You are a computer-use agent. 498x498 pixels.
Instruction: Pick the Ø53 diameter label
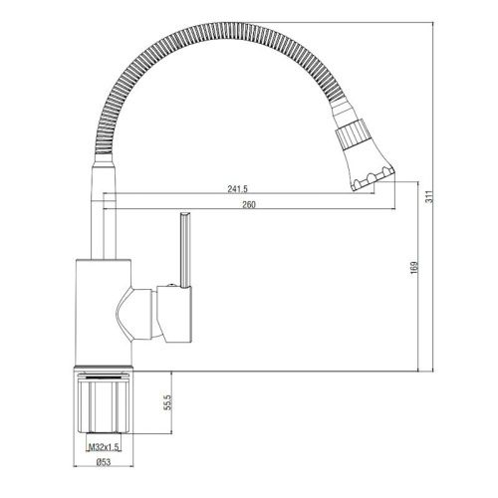click(102, 463)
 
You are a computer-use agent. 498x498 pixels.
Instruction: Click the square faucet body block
click(102, 310)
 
